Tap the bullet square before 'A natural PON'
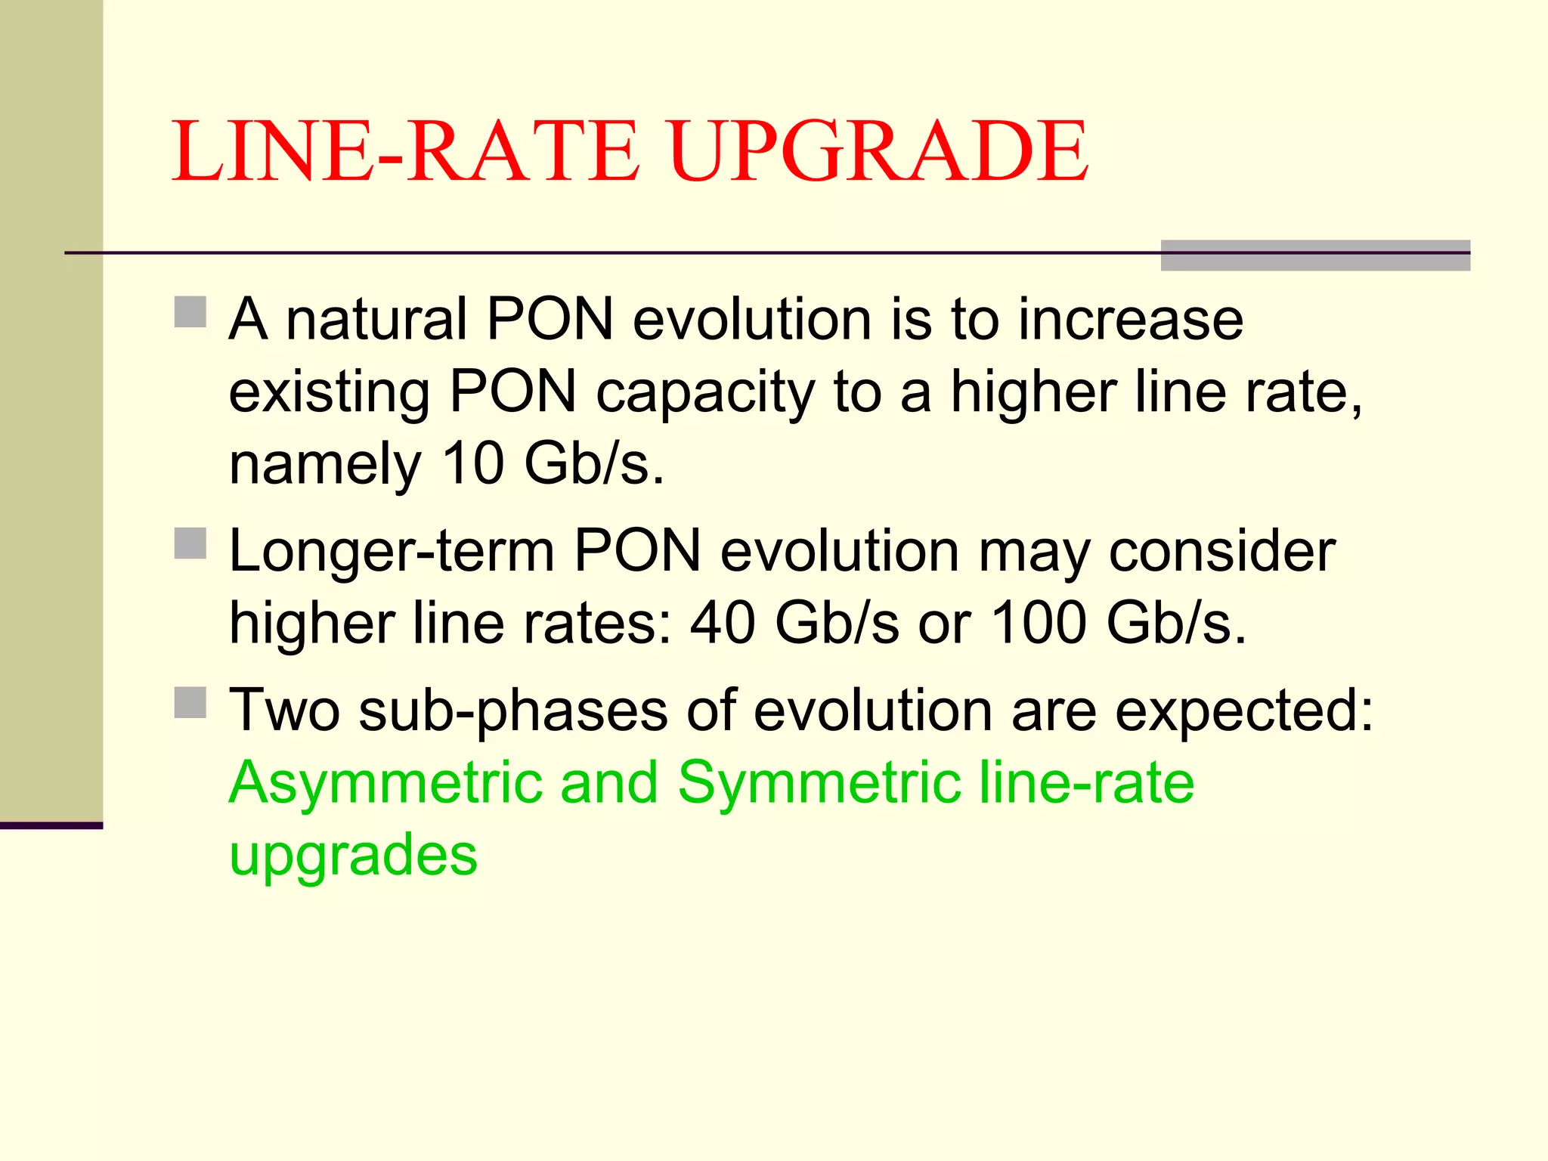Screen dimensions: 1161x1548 [x=190, y=311]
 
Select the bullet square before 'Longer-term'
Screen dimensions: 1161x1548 [x=190, y=543]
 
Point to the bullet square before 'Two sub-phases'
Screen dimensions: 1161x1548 [x=190, y=702]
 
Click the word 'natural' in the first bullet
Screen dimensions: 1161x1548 [x=376, y=319]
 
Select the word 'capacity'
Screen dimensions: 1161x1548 [x=705, y=393]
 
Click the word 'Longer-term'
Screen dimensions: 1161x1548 [x=392, y=552]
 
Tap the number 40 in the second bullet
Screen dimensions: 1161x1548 [x=723, y=623]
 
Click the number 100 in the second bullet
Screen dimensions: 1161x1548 [x=1039, y=623]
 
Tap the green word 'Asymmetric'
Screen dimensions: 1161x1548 [x=385, y=784]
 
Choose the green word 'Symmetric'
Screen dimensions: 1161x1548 [x=819, y=784]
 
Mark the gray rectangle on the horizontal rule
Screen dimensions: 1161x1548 [x=1315, y=255]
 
